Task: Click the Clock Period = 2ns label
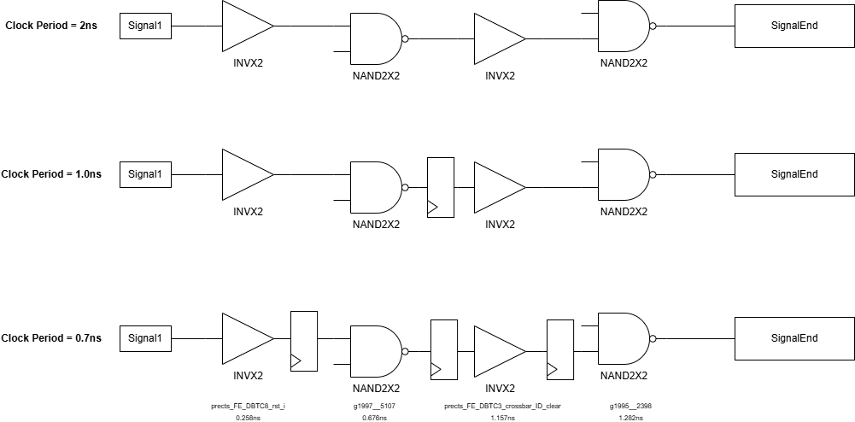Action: click(x=51, y=26)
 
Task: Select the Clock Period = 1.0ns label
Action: click(x=51, y=174)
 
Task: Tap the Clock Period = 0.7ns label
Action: click(x=51, y=338)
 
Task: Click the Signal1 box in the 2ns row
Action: click(x=145, y=26)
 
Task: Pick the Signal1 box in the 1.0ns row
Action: click(x=145, y=174)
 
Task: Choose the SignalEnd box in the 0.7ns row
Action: click(x=794, y=338)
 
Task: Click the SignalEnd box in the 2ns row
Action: click(x=794, y=26)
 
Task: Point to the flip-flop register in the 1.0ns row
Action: click(x=441, y=187)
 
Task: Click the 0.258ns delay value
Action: click(x=248, y=419)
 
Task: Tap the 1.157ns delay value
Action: click(x=502, y=419)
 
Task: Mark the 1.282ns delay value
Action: click(x=631, y=419)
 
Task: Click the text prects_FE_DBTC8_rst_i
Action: click(x=248, y=406)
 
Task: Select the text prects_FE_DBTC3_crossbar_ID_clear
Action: click(x=502, y=406)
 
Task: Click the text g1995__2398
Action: click(x=631, y=406)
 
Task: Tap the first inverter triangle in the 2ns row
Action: click(x=246, y=26)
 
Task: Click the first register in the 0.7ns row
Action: click(x=304, y=341)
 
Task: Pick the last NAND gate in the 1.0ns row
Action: click(x=623, y=174)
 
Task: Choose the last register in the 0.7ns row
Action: click(x=560, y=349)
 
